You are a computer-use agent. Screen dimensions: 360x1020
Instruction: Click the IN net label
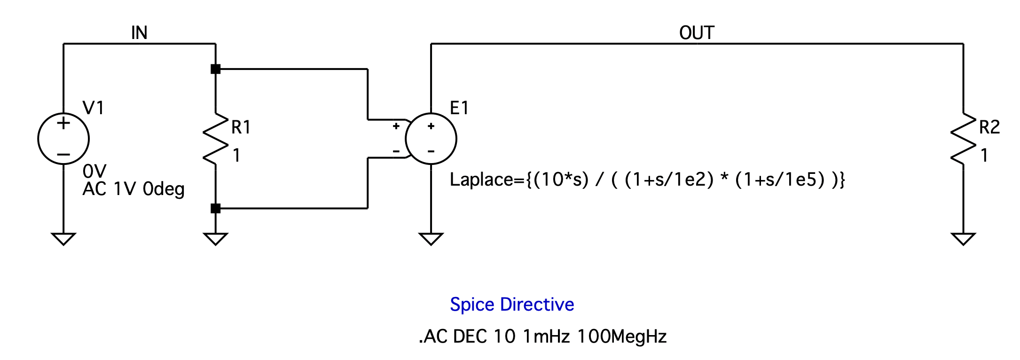point(139,33)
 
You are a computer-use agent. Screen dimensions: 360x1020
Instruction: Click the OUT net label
point(697,33)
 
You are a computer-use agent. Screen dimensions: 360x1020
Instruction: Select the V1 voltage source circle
point(63,139)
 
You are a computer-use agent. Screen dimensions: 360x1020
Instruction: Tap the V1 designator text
point(93,108)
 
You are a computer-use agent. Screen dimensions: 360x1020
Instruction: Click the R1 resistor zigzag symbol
point(215,139)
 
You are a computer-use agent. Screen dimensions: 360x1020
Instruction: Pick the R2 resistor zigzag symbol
point(963,139)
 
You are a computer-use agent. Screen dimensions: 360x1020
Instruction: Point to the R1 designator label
point(241,127)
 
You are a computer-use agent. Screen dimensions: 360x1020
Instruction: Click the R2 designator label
point(989,127)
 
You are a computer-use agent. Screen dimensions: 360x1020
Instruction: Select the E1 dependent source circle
point(431,139)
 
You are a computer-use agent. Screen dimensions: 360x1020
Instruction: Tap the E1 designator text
point(459,108)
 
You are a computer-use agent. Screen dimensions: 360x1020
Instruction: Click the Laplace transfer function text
point(647,180)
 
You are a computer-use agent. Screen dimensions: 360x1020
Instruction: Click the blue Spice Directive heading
point(512,305)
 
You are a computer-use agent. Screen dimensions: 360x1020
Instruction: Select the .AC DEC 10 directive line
point(543,337)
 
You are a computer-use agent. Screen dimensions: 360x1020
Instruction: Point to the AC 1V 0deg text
point(133,189)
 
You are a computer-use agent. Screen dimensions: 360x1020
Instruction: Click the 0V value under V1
point(94,171)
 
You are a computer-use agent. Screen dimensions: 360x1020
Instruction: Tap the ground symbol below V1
point(63,238)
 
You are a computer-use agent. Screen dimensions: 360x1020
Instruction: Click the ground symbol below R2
point(963,238)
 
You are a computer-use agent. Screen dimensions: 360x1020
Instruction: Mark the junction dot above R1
point(216,69)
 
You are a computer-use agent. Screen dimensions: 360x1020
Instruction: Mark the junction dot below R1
point(216,208)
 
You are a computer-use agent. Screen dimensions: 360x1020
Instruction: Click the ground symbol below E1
point(431,238)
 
